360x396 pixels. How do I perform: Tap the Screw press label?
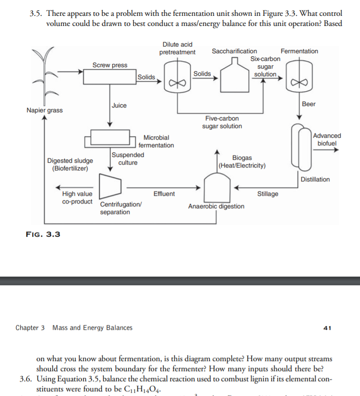(x=110, y=65)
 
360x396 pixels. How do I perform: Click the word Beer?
(x=309, y=104)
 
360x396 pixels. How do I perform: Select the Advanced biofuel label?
(x=327, y=140)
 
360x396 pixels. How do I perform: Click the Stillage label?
(x=267, y=194)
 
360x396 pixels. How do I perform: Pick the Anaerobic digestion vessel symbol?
(x=216, y=187)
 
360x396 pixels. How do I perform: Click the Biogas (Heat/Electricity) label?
(x=242, y=162)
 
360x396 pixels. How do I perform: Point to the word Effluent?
(x=164, y=194)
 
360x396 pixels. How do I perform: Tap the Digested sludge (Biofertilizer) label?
(x=70, y=165)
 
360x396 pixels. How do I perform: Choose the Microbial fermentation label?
(x=156, y=141)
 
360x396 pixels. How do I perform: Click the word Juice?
(x=119, y=106)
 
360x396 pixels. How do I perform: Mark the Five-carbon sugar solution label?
(x=222, y=122)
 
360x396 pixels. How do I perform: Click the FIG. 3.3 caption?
(x=42, y=234)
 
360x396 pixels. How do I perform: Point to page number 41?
(x=328, y=328)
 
